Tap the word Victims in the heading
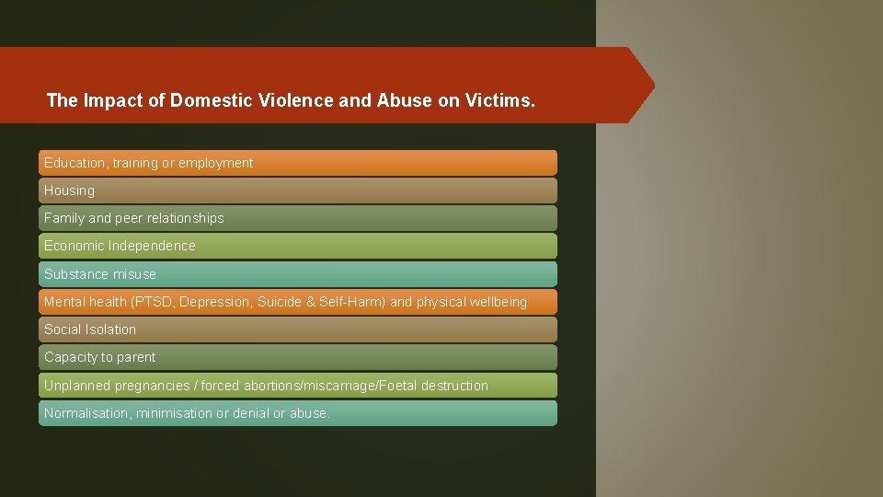click(498, 100)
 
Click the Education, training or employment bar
click(297, 163)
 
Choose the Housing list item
click(297, 191)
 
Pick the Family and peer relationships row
click(297, 218)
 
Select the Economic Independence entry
click(297, 246)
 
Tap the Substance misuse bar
click(297, 274)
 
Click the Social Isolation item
click(297, 329)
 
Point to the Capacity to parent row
click(297, 357)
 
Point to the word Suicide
click(281, 302)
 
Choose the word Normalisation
click(87, 413)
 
